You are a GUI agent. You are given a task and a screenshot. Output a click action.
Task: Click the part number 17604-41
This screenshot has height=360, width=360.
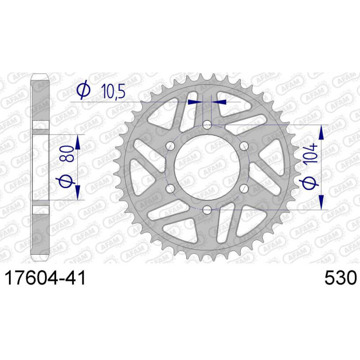coord(45,278)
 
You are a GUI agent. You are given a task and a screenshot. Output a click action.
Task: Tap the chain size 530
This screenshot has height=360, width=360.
coord(341,278)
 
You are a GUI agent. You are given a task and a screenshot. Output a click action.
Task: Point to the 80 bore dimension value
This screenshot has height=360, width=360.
coord(67,153)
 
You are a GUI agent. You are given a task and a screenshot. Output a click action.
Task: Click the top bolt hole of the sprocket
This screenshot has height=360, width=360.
coord(207,125)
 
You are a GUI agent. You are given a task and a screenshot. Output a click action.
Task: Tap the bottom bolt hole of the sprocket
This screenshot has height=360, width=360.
coord(207,209)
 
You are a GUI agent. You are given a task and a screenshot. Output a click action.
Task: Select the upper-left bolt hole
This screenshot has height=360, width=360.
coord(171,146)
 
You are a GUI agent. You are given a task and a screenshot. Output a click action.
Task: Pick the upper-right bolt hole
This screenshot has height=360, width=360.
coord(244,146)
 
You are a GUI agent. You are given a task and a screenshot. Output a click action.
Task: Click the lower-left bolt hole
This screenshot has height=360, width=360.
coord(171,189)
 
